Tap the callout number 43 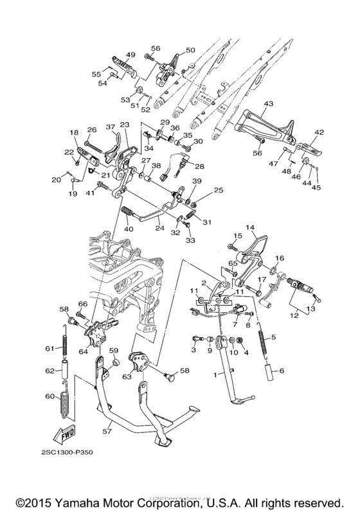click(x=268, y=104)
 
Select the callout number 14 click(x=250, y=227)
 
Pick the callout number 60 click(x=48, y=397)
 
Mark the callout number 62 click(x=48, y=371)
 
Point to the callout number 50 click(x=190, y=50)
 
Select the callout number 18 click(x=73, y=132)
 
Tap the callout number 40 click(x=128, y=229)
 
